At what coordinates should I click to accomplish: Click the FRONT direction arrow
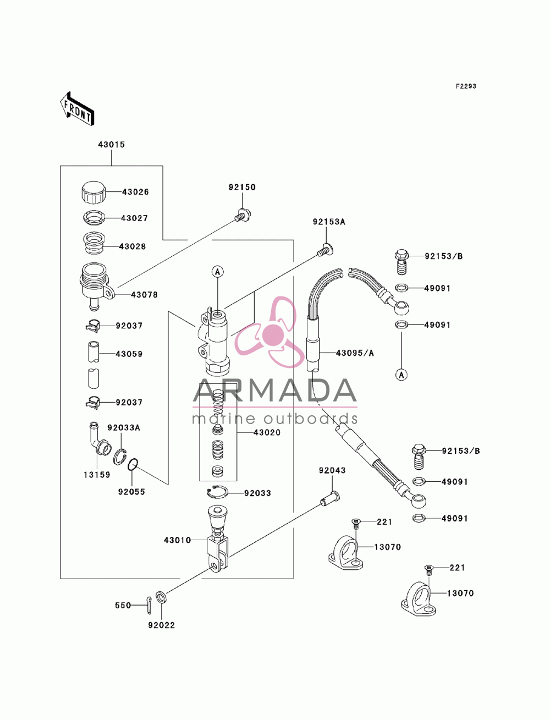(77, 108)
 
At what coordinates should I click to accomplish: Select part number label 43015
(112, 145)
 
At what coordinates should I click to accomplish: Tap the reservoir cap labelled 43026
(94, 192)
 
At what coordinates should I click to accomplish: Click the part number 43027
(134, 218)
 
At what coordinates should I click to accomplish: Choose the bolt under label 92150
(243, 215)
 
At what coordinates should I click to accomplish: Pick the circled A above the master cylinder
(217, 272)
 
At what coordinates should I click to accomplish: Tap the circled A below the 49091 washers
(402, 374)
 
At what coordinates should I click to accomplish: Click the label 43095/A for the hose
(355, 353)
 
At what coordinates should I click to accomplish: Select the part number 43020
(267, 433)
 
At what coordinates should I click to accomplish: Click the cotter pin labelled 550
(148, 604)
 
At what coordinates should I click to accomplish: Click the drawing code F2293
(466, 86)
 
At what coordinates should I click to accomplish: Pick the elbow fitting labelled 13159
(97, 438)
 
